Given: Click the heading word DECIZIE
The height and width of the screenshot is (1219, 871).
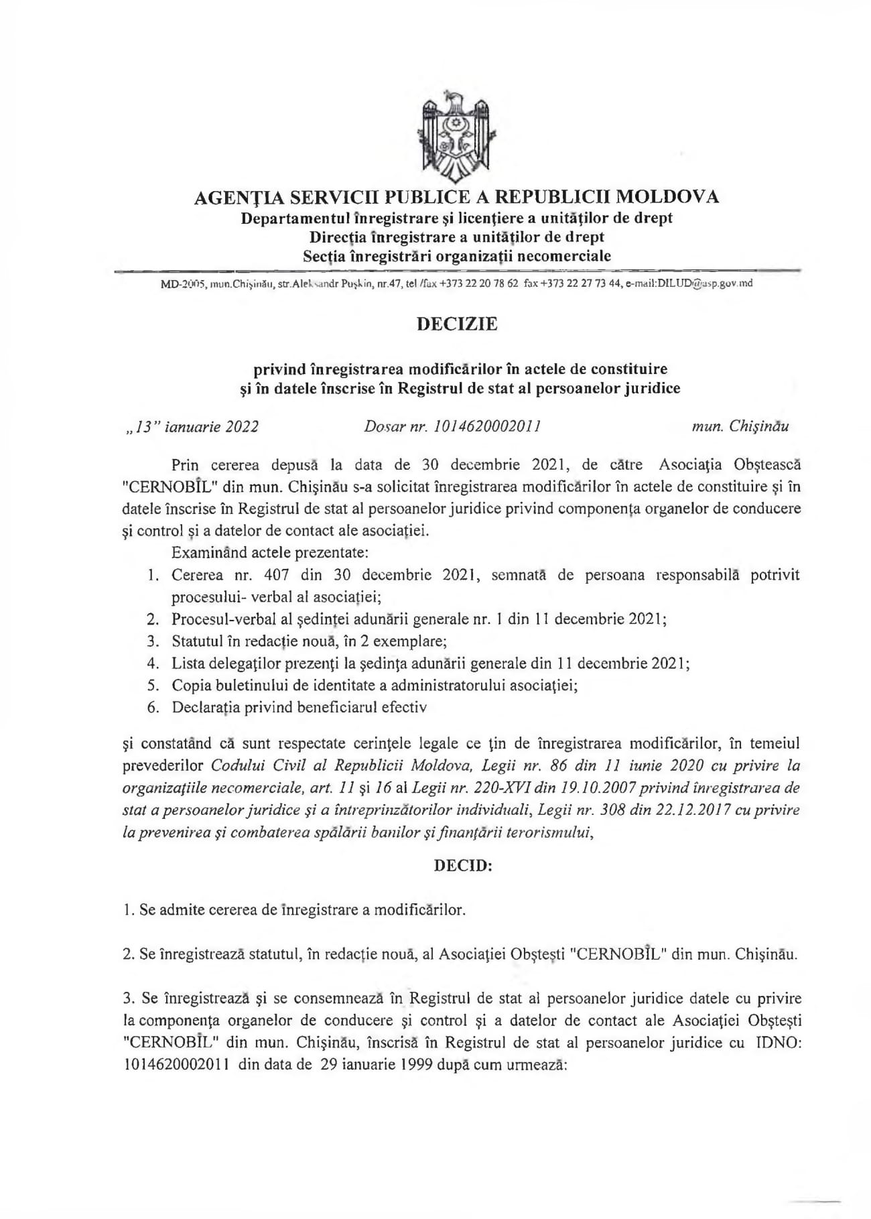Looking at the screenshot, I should pyautogui.click(x=457, y=324).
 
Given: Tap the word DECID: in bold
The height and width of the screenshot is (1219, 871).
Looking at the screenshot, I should pyautogui.click(x=463, y=865).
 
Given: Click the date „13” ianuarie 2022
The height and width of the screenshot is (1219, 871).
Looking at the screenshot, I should pyautogui.click(x=188, y=427).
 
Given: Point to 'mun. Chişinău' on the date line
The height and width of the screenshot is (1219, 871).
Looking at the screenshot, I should pyautogui.click(x=740, y=427).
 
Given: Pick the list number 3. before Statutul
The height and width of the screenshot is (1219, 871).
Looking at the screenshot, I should pyautogui.click(x=153, y=641).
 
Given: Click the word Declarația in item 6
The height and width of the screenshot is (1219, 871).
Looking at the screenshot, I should pyautogui.click(x=206, y=707).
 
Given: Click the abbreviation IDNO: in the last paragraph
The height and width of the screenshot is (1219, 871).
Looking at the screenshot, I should pyautogui.click(x=778, y=1043).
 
